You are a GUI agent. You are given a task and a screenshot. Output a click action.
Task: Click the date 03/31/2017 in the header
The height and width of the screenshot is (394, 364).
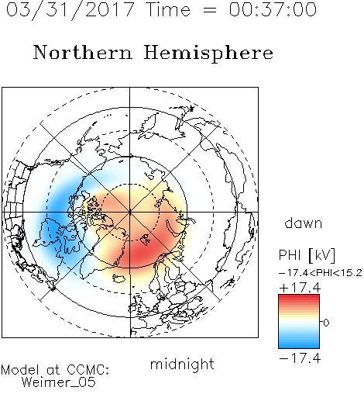[70, 9]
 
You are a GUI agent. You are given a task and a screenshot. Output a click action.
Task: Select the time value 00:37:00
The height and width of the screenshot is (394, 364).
[273, 9]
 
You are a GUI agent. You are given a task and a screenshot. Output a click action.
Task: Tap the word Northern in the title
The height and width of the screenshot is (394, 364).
[83, 53]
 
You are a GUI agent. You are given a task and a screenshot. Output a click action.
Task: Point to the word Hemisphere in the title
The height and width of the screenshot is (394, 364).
[208, 54]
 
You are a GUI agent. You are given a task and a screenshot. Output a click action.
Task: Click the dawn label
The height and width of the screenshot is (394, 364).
[304, 223]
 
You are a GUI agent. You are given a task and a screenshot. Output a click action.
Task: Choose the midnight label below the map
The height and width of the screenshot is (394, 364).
[182, 365]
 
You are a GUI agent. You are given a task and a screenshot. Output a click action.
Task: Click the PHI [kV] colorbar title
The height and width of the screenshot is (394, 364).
[307, 255]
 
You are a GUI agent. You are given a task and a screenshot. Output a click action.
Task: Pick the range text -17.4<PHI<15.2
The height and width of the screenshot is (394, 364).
[321, 273]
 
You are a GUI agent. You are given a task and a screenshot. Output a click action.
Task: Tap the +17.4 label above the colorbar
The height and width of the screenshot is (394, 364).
[300, 288]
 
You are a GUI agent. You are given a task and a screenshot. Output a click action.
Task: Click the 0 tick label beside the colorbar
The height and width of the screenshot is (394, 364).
[326, 323]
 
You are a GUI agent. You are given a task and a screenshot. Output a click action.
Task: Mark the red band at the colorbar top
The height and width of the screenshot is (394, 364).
[299, 298]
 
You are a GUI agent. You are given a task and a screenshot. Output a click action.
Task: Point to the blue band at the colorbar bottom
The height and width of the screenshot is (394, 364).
[299, 344]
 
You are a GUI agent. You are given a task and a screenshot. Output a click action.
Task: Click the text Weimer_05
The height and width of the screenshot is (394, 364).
[59, 382]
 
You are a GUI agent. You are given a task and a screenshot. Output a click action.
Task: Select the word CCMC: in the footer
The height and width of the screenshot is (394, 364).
[88, 370]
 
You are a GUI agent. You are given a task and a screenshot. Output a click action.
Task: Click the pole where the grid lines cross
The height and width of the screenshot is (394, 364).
[130, 212]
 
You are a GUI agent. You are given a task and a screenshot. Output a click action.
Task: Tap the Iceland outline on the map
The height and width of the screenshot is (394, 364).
[119, 278]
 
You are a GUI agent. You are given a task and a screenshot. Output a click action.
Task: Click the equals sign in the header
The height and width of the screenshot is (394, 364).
[209, 10]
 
